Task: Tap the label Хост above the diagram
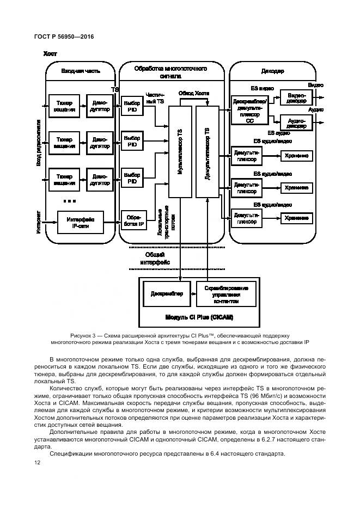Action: tap(50, 54)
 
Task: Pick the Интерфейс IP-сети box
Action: tap(80, 222)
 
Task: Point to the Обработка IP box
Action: tap(132, 219)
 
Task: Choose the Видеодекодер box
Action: tap(296, 97)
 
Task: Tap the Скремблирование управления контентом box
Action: tap(225, 295)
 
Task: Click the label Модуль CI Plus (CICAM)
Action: tap(194, 317)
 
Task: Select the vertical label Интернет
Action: tap(39, 222)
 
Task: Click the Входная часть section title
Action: tap(80, 71)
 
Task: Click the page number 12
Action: tap(37, 462)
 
